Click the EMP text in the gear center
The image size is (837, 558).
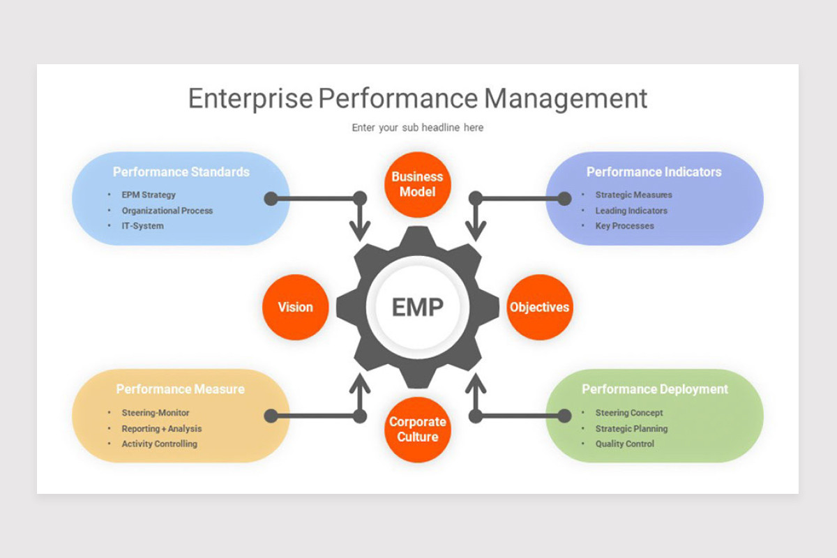[417, 307]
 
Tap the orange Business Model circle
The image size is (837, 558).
[417, 185]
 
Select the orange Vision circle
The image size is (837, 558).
[295, 307]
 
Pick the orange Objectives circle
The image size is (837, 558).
[539, 307]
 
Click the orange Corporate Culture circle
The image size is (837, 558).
[417, 430]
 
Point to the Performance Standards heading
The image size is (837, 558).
[181, 172]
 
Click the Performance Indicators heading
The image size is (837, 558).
[654, 172]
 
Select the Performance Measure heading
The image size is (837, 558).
[180, 389]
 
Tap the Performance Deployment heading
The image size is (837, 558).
[654, 389]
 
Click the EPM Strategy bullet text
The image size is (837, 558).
[149, 195]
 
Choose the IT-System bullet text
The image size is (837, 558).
[142, 226]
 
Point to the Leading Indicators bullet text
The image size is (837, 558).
[631, 211]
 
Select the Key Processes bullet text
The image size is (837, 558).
[624, 226]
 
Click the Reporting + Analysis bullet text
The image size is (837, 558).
[161, 428]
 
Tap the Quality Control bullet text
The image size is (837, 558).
[624, 444]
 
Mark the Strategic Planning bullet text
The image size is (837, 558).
[631, 428]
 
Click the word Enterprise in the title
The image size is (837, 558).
[250, 98]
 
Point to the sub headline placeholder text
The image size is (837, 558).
[417, 128]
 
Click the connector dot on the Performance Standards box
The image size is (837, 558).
[271, 199]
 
